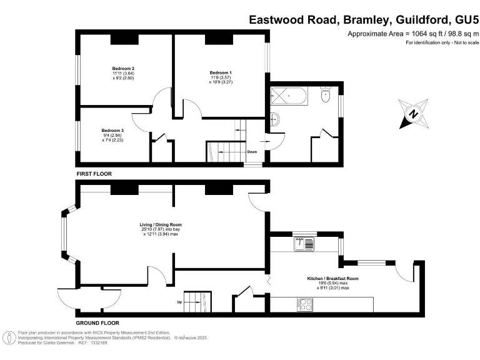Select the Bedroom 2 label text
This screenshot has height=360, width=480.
[124, 72]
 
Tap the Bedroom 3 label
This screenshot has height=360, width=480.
[113, 135]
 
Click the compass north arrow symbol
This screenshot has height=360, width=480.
[413, 114]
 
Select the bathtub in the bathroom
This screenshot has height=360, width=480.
[288, 97]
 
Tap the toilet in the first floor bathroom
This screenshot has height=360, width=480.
[325, 96]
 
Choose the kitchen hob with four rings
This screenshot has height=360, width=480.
[306, 304]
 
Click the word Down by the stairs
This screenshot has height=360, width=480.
[252, 151]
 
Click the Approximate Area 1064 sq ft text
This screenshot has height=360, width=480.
[412, 34]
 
